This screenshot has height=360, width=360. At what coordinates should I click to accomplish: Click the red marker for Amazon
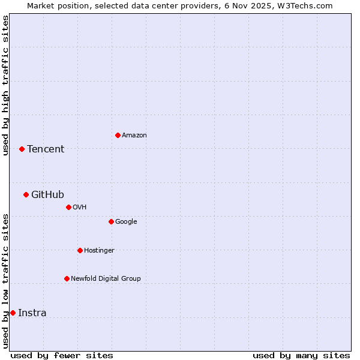(118, 135)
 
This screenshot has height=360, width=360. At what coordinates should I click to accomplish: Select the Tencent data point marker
(22, 149)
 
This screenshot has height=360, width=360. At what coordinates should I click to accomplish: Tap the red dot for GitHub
(26, 194)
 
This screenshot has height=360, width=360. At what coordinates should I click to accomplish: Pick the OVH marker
(68, 207)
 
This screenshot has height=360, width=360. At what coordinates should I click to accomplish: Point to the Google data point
(111, 221)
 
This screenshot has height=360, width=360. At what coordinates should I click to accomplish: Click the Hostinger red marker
(80, 250)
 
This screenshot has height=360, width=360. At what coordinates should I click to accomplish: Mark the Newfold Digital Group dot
(67, 278)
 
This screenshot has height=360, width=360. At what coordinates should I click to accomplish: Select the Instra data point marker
(13, 313)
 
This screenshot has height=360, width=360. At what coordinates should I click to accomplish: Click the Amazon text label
(134, 136)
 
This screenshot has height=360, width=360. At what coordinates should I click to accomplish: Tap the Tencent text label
(46, 149)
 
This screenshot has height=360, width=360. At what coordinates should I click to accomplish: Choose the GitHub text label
(47, 194)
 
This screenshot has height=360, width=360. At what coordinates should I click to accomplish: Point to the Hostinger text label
(99, 250)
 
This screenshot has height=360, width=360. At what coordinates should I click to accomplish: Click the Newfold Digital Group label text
(106, 278)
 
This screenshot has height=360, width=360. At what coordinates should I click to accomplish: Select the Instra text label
(32, 313)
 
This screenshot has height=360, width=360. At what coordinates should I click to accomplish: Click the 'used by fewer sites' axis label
(62, 355)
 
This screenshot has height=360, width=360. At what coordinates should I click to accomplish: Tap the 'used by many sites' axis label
(301, 355)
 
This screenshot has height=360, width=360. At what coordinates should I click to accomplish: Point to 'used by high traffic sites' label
(5, 85)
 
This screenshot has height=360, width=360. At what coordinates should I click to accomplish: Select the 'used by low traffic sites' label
(5, 280)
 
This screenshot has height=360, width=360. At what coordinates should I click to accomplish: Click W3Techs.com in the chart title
(311, 5)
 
